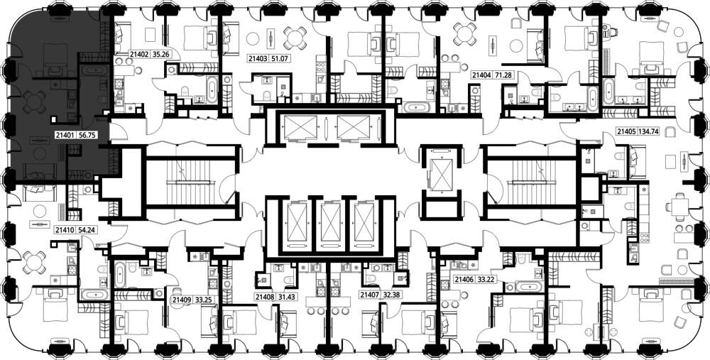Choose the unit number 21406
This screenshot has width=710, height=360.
click(464, 279)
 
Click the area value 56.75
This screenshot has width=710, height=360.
click(88, 134)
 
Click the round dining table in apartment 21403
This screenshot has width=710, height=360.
click(295, 38)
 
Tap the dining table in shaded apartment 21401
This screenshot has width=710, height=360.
click(34, 102)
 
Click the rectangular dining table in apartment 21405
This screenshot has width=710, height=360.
click(678, 207)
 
